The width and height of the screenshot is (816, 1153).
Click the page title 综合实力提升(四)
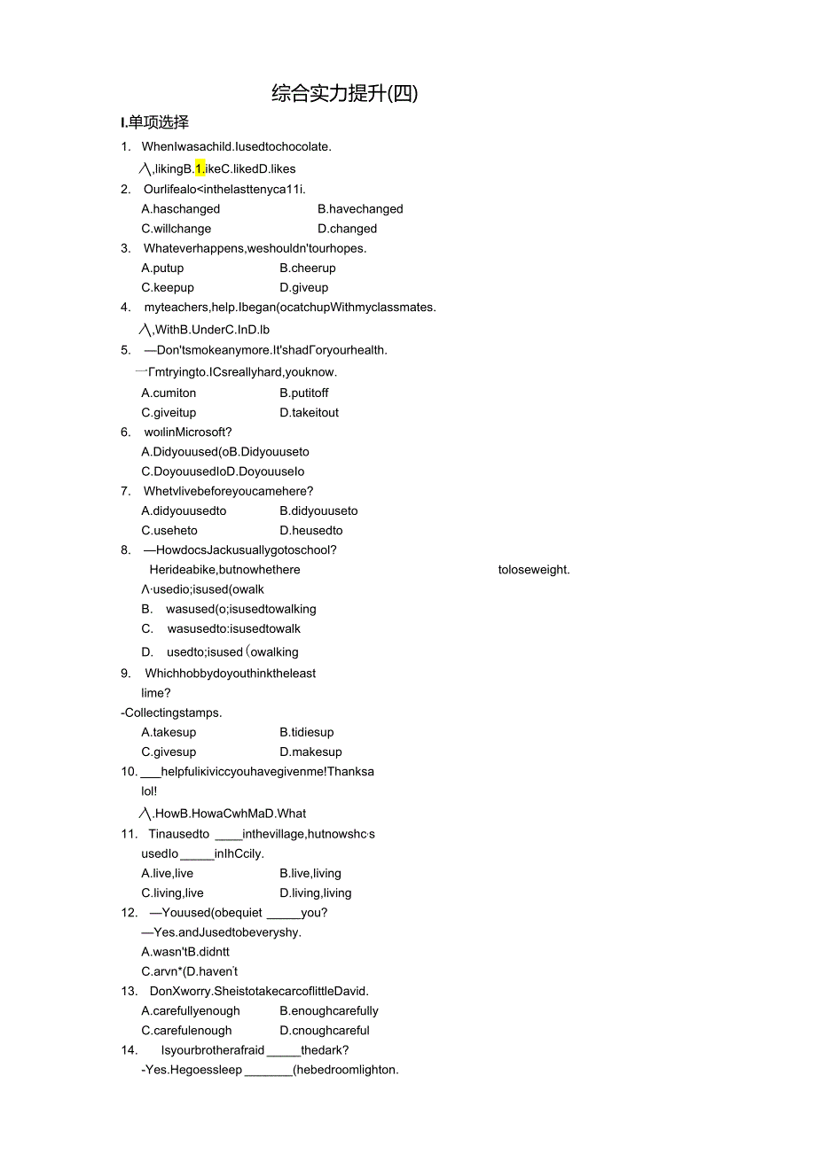(344, 94)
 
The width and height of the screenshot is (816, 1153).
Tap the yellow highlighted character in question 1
(200, 168)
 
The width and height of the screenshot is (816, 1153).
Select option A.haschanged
(181, 209)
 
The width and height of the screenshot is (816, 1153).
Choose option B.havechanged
(360, 209)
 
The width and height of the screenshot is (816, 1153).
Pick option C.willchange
(177, 229)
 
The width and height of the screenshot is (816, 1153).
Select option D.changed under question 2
(347, 229)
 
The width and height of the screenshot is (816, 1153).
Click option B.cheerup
(308, 268)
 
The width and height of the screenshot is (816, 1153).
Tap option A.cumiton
(169, 393)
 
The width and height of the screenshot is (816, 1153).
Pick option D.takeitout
(309, 412)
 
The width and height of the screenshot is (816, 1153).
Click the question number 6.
(126, 432)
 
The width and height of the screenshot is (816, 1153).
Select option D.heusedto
(310, 530)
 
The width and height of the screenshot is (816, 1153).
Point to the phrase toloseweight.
(534, 570)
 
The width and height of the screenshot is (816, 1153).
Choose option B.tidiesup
(307, 732)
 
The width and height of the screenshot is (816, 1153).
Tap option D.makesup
(310, 752)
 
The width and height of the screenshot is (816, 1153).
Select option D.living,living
(315, 892)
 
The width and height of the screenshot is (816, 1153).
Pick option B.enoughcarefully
(329, 1010)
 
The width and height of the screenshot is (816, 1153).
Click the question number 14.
(129, 1050)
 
